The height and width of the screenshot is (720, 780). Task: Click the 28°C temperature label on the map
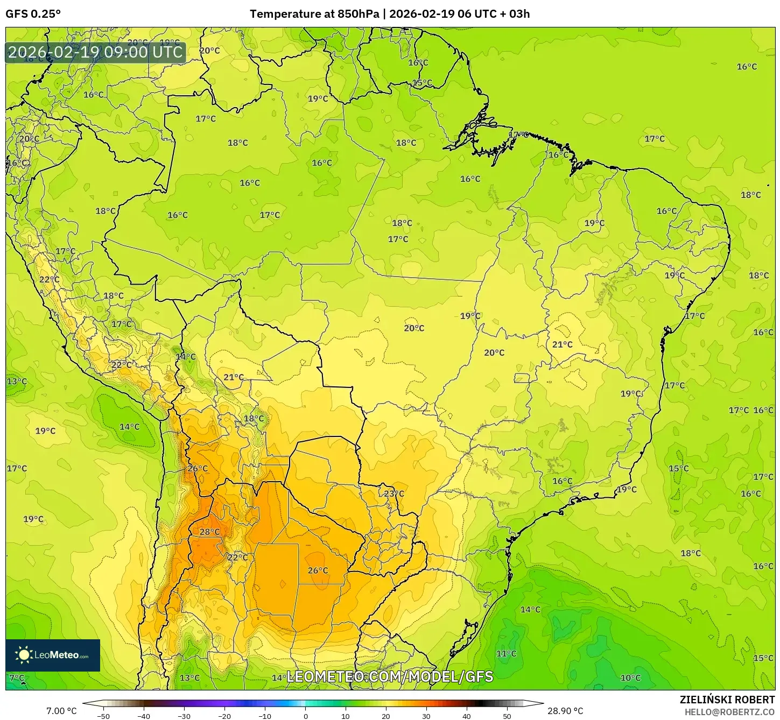coord(209,532)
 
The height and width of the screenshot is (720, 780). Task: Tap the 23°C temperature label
coord(393,493)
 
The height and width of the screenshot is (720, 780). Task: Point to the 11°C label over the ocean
coord(506,653)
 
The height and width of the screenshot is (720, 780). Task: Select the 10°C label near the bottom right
coord(630,678)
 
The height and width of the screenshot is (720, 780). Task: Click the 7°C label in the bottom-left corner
coord(17,678)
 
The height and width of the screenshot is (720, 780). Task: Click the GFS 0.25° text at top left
coord(33,14)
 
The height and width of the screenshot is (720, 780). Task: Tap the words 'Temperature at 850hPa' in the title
coord(314,14)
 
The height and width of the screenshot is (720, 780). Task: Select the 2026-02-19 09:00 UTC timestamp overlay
coord(95,52)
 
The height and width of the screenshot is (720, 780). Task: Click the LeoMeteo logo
coord(53,655)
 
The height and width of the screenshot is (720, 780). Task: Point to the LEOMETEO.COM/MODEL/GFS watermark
coord(390,676)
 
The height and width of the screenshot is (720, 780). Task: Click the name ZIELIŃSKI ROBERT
coord(727,700)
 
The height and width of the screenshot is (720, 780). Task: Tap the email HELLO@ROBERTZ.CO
coord(729,712)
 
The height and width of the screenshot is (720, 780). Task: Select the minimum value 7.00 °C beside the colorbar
coord(61,711)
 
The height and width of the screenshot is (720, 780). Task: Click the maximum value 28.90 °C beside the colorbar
coord(565,711)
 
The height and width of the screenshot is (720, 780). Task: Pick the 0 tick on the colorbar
coord(305,716)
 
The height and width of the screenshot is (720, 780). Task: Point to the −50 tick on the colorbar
coord(103,716)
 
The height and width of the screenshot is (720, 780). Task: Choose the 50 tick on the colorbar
coord(507,716)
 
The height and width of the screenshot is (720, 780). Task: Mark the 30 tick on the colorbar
coord(426,716)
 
